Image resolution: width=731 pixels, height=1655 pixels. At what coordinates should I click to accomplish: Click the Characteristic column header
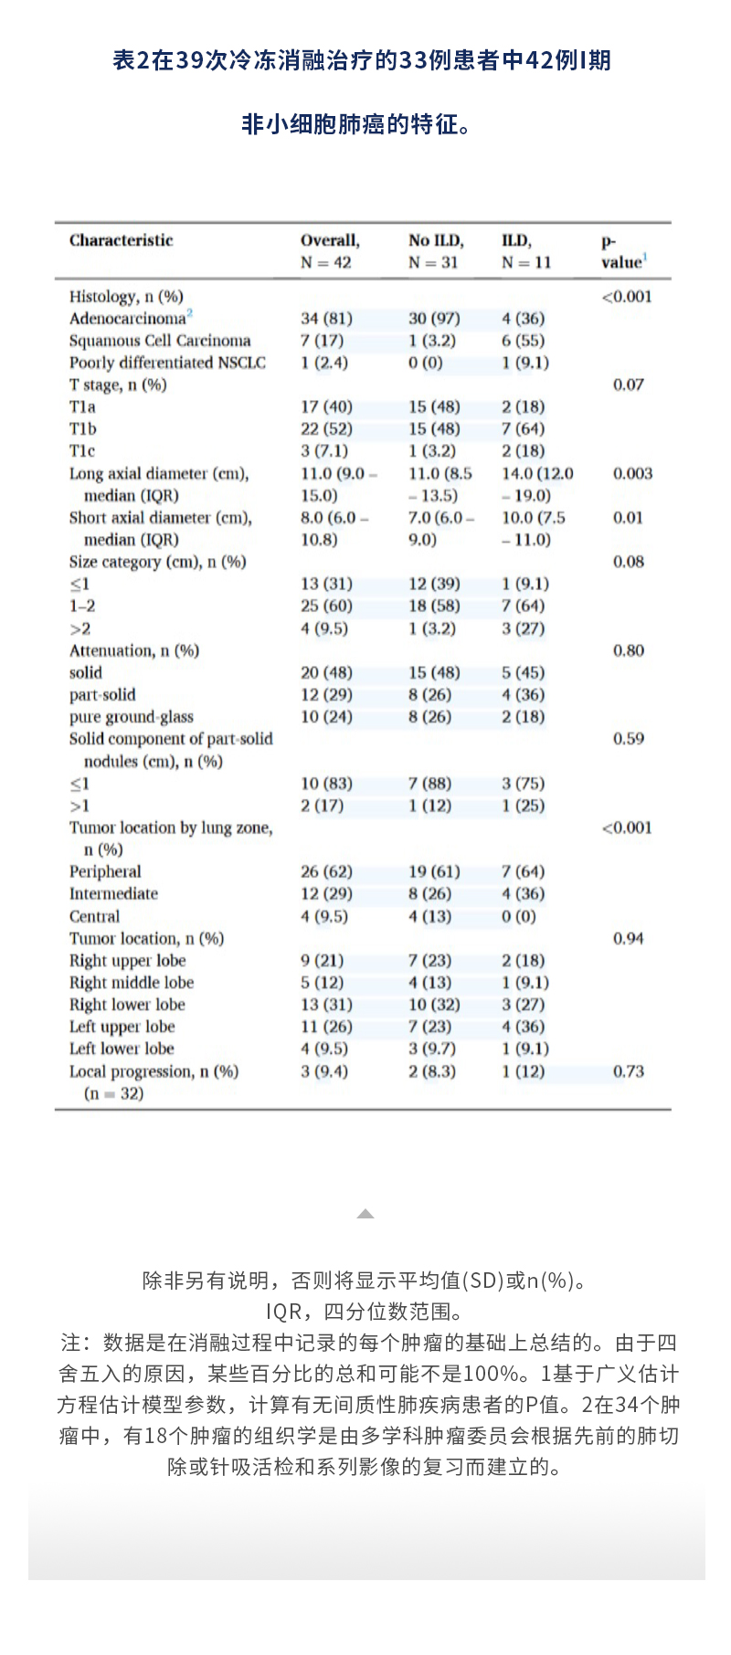[x=121, y=240]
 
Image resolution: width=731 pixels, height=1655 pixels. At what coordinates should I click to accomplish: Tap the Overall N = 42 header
[x=329, y=251]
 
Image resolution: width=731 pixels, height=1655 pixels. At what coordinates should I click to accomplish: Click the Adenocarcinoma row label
[x=128, y=318]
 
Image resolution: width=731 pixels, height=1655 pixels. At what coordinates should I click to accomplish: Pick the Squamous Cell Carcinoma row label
[x=160, y=341]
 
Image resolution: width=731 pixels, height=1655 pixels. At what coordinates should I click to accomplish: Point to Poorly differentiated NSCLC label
[x=167, y=363]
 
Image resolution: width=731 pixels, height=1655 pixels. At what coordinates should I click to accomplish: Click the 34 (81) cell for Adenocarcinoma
[x=326, y=318]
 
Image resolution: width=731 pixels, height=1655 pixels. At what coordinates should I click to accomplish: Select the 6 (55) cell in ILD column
[x=523, y=341]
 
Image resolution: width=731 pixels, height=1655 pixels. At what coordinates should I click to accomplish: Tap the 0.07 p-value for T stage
[x=628, y=385]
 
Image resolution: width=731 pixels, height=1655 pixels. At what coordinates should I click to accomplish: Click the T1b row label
[x=82, y=428]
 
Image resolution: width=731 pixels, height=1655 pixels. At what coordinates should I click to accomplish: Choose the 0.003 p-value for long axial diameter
[x=632, y=473]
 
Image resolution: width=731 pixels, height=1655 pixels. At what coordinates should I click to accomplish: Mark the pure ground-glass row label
[x=131, y=717]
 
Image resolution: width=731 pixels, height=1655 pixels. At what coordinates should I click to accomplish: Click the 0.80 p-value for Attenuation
[x=628, y=650]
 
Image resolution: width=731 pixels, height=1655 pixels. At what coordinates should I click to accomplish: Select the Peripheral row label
[x=105, y=871]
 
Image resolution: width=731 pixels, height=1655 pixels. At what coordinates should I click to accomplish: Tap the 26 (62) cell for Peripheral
[x=326, y=871]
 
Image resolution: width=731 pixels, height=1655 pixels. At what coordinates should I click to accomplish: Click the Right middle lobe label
[x=132, y=983]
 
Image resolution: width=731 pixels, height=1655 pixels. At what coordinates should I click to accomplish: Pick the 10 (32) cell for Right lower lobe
[x=434, y=1005]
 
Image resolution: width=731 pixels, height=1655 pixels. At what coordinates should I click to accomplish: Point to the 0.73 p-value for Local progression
[x=628, y=1071]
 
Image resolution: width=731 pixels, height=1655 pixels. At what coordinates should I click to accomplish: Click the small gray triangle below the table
[x=365, y=1214]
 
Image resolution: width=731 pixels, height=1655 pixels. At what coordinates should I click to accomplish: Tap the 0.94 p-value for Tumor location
[x=628, y=938]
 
